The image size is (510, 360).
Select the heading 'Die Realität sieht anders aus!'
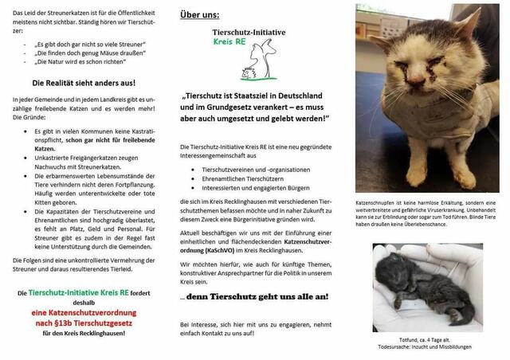tap(82, 83)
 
